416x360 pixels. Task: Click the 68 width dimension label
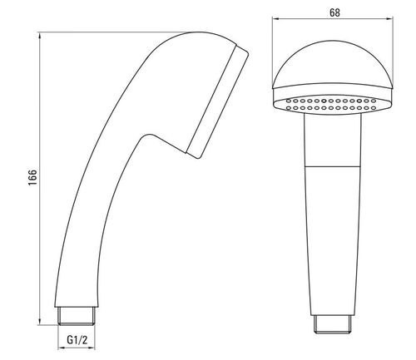[x=334, y=12]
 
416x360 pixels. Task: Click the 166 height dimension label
[x=32, y=178]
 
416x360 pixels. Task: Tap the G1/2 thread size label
[x=77, y=339]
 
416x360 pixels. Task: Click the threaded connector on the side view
[x=77, y=316]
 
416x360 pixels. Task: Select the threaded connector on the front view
[x=333, y=324]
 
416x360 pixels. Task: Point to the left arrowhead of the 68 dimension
[x=275, y=19]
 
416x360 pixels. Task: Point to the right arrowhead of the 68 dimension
[x=390, y=19]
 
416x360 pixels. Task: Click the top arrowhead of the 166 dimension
[x=40, y=36]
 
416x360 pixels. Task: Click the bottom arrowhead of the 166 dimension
[x=40, y=322]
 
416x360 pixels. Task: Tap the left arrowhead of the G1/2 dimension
[x=61, y=348]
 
